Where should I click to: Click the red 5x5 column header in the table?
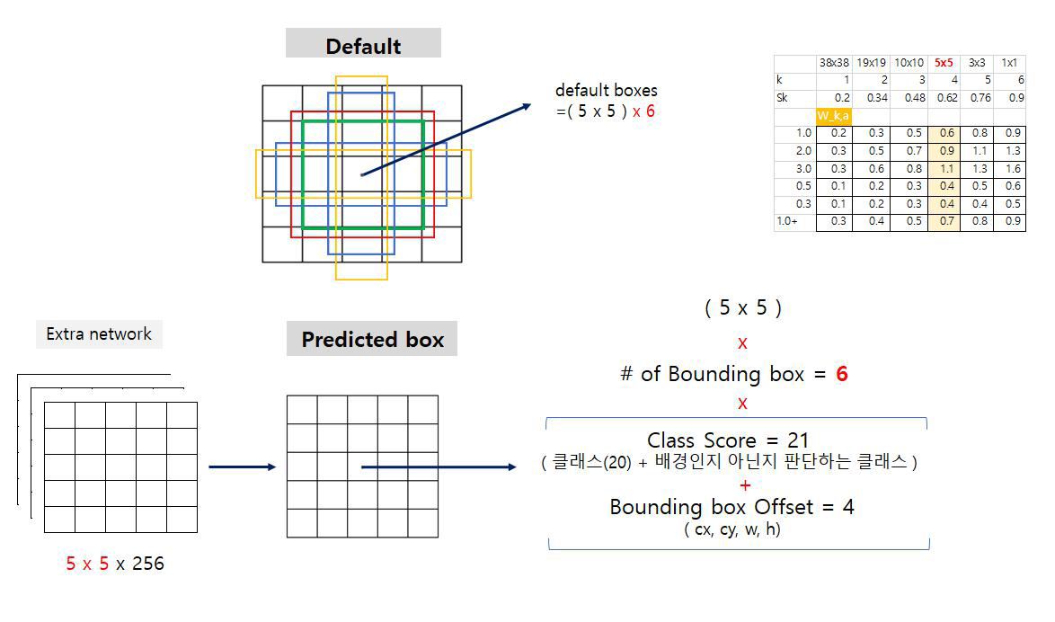click(x=944, y=63)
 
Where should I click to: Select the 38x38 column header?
click(x=834, y=63)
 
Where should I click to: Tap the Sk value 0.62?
click(x=946, y=97)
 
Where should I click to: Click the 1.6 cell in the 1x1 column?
click(x=1012, y=168)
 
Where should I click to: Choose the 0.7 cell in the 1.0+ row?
click(x=946, y=221)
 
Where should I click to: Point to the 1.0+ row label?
click(x=788, y=221)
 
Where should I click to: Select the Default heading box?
click(x=363, y=46)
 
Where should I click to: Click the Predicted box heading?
click(x=372, y=340)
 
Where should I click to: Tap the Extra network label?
click(x=99, y=334)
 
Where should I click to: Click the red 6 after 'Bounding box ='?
click(x=841, y=374)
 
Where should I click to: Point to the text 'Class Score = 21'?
click(x=728, y=440)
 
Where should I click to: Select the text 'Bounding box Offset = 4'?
click(x=731, y=507)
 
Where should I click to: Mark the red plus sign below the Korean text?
click(x=745, y=485)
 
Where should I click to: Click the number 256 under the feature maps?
click(x=147, y=564)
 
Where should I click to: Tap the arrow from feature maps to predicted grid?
click(x=241, y=466)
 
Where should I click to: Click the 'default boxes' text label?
click(x=606, y=90)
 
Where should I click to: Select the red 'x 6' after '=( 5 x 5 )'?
click(x=643, y=111)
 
